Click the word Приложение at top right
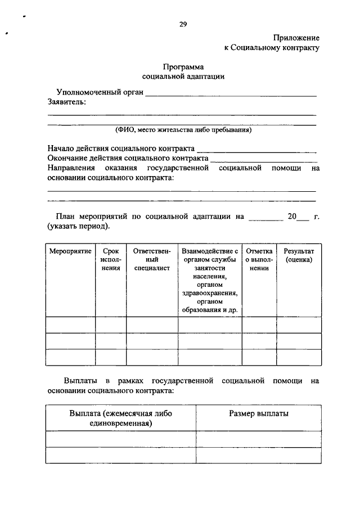[296, 38]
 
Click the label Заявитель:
[67, 102]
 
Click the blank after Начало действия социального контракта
[256, 150]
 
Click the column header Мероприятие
[70, 250]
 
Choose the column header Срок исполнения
[111, 259]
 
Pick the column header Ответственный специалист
[152, 259]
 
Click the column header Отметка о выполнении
[259, 259]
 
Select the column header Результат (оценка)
[299, 255]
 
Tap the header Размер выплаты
[259, 413]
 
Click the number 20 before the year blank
[291, 216]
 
